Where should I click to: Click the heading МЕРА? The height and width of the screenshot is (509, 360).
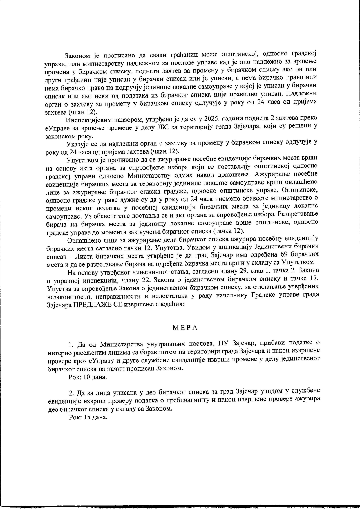tap(185, 328)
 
